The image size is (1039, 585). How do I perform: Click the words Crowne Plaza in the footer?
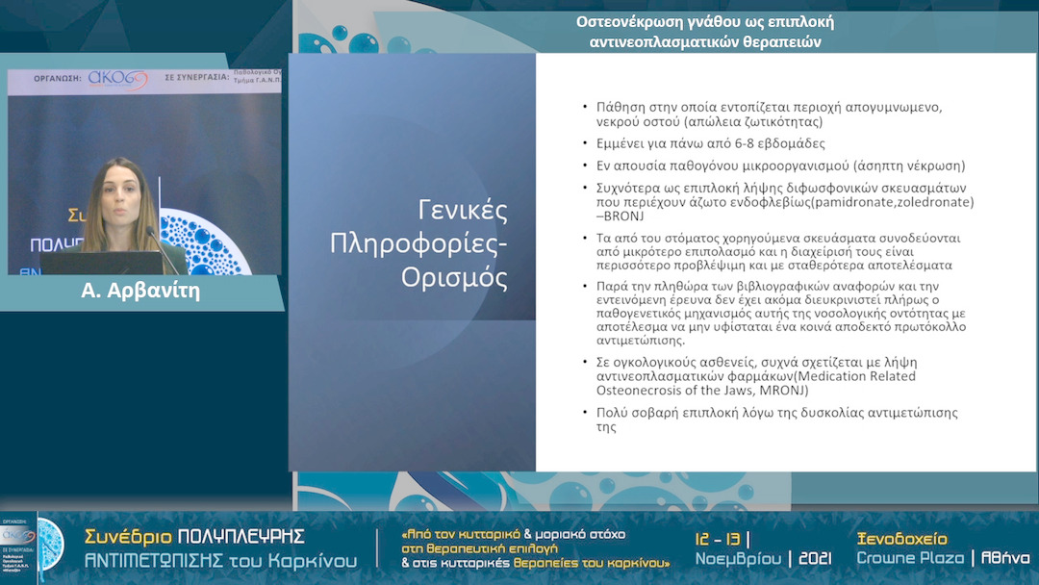(x=910, y=558)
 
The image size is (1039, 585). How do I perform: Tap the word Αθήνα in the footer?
(x=1005, y=558)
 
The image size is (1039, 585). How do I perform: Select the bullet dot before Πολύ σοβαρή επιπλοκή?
(x=586, y=413)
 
